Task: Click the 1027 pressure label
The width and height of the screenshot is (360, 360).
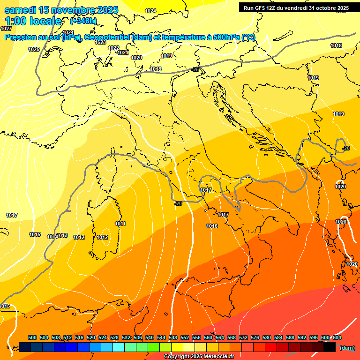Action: point(6,29)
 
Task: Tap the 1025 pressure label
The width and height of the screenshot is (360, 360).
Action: point(34,49)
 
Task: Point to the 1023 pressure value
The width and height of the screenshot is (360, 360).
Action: point(100,42)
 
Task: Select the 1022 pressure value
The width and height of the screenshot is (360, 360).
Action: point(113,48)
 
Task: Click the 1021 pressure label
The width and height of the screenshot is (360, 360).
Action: point(123,52)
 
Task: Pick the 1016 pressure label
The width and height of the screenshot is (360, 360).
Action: point(212,226)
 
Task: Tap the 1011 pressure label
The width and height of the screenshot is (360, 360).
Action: point(120,224)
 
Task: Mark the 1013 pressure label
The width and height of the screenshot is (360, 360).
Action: point(62,235)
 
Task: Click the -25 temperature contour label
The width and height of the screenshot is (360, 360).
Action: point(195,69)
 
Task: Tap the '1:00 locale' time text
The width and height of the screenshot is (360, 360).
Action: point(33,21)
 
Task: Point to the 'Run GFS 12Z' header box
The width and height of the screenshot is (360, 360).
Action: point(296,8)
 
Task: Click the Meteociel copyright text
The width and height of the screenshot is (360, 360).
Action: point(199,357)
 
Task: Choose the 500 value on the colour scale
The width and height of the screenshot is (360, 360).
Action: point(32,337)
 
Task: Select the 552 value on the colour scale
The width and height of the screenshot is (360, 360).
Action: point(185,337)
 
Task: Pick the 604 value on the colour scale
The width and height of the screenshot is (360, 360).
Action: point(337,337)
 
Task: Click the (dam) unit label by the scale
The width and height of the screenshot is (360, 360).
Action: point(347,347)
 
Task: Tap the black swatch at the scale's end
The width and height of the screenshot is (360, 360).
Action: point(330,347)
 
